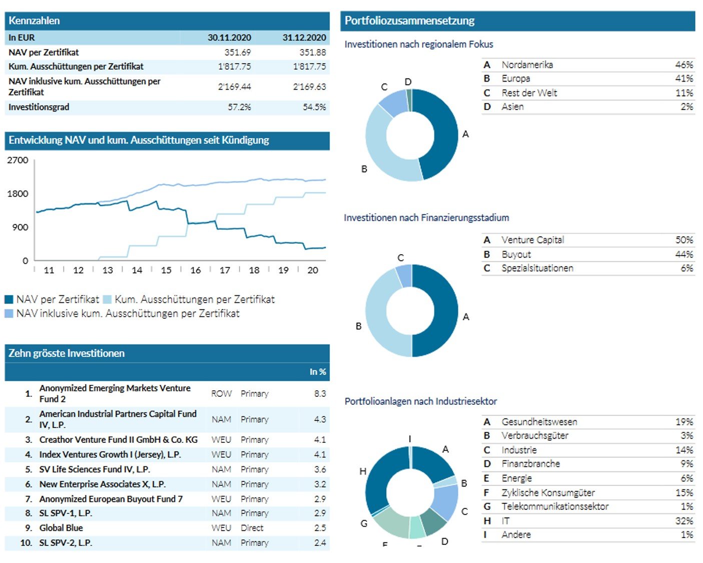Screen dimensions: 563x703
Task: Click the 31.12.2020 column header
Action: pos(304,38)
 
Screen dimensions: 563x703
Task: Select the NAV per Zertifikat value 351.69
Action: pos(238,52)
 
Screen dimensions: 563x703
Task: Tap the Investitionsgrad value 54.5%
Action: pos(314,107)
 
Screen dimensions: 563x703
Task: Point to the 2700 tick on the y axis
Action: pos(18,160)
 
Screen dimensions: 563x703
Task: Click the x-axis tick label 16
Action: pos(196,270)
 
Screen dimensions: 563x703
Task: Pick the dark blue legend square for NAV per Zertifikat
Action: pos(9,299)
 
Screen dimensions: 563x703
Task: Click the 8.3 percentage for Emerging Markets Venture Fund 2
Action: pos(320,394)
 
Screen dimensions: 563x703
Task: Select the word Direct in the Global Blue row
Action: pos(252,528)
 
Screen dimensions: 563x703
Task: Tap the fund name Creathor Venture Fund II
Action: pos(119,440)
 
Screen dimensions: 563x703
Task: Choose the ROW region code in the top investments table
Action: pos(221,394)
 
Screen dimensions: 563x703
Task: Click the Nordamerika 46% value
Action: pos(684,65)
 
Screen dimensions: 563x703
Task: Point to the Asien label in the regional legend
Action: pos(513,107)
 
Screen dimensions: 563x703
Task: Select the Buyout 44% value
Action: pos(684,254)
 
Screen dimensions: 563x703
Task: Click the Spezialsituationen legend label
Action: pos(537,268)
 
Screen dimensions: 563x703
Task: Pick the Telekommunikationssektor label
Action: pos(555,506)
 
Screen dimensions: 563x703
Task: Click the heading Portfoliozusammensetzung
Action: pos(410,21)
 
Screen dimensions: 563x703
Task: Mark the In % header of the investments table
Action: pos(318,372)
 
